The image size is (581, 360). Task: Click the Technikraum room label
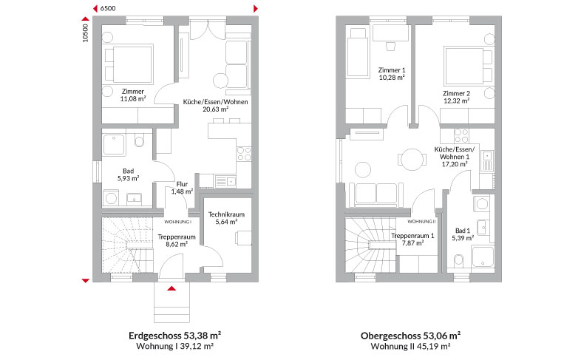(226, 214)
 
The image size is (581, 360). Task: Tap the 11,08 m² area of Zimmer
(132, 99)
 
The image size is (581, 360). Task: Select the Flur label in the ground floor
(182, 184)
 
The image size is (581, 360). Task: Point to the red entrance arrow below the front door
(171, 288)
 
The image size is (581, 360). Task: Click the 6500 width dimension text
(108, 9)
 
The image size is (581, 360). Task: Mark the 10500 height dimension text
(86, 33)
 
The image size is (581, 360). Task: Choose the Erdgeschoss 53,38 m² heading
(175, 336)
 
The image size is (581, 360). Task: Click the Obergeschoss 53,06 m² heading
(410, 336)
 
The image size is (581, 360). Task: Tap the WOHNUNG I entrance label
(178, 222)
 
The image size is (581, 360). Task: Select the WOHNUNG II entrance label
(421, 222)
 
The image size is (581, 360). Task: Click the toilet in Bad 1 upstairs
(459, 259)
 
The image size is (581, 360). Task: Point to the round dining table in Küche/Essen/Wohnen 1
(412, 159)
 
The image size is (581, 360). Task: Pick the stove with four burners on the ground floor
(244, 154)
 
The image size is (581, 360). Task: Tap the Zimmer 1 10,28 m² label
(392, 74)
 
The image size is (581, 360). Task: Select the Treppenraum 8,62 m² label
(177, 241)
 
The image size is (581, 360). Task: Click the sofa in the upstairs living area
(376, 194)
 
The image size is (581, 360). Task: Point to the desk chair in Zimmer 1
(390, 47)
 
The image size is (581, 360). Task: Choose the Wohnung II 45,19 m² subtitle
(410, 347)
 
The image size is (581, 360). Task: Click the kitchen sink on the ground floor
(225, 182)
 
